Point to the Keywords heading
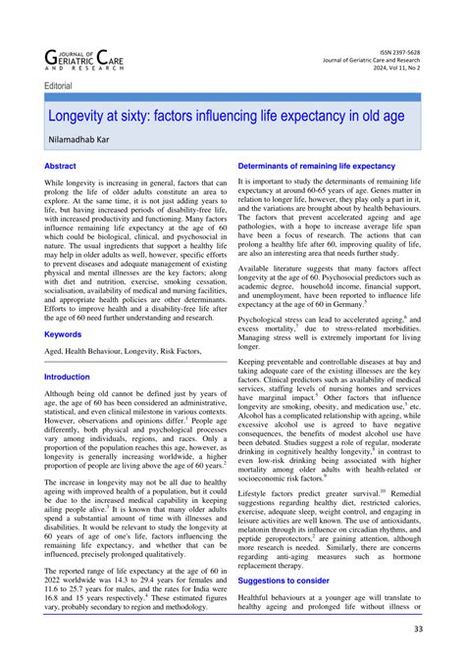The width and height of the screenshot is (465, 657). click(x=63, y=334)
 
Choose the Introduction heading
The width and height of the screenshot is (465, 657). click(x=68, y=377)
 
